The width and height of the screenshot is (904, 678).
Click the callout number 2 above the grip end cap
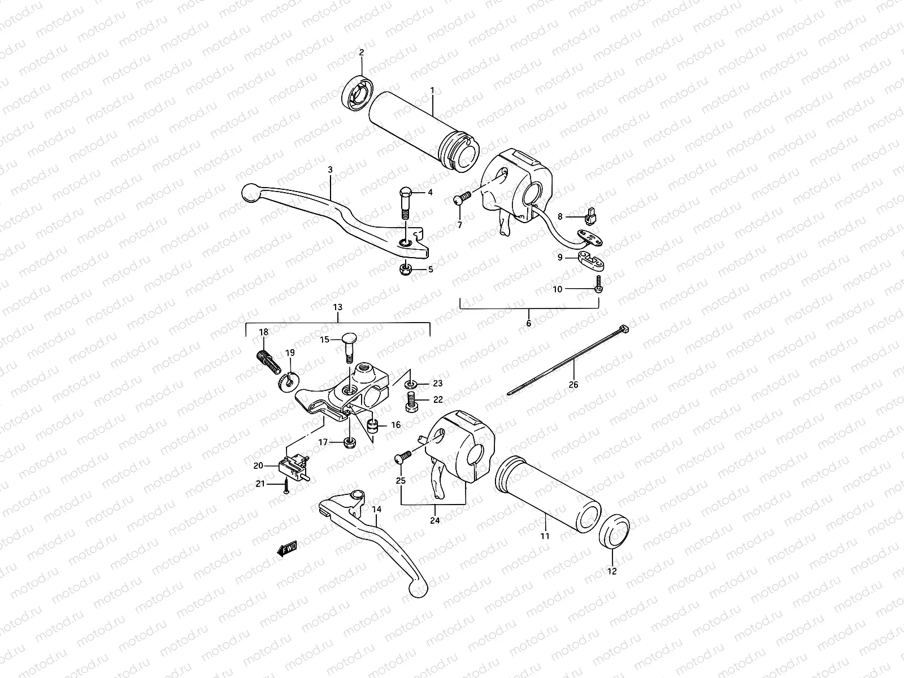[x=362, y=53]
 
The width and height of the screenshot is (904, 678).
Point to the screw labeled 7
[x=462, y=197]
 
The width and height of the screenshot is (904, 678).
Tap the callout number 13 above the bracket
[x=338, y=308]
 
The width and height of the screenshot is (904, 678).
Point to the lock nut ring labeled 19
[x=286, y=381]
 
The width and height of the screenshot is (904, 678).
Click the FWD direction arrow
[x=287, y=548]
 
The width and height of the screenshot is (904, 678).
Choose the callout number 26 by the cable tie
[x=573, y=385]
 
